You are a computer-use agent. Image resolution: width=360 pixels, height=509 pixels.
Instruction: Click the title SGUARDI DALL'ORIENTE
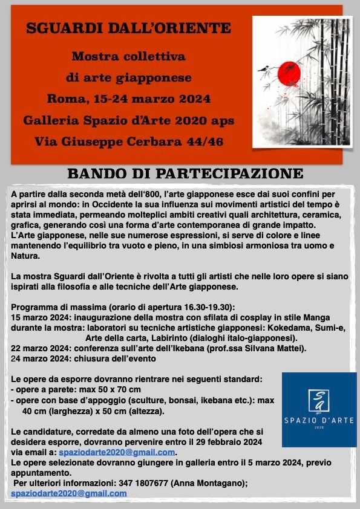[128, 28]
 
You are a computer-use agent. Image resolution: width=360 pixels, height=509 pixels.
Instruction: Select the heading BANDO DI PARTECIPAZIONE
[185, 174]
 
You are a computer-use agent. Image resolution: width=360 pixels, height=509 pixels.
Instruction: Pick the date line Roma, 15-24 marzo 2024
[128, 99]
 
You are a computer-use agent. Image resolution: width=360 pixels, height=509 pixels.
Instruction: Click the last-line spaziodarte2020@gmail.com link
[69, 493]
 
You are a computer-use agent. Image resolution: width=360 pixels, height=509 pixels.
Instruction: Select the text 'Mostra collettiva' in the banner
[128, 57]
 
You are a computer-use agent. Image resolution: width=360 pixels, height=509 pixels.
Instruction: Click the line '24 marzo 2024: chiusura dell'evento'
[83, 358]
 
